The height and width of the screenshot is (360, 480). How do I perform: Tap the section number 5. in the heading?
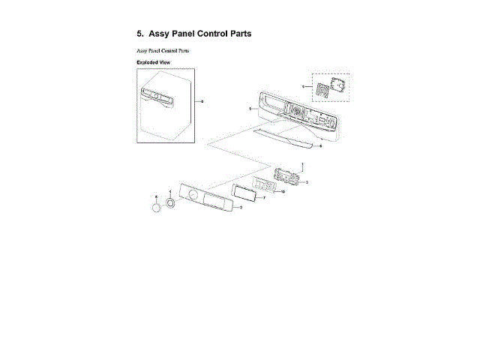tap(139, 34)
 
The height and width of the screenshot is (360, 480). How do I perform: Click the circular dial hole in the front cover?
tap(193, 196)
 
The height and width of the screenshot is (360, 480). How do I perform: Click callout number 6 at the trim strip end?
tap(321, 147)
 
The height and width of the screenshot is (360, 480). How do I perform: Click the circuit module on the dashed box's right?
tap(339, 87)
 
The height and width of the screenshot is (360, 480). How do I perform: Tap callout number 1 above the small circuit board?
tap(302, 164)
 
